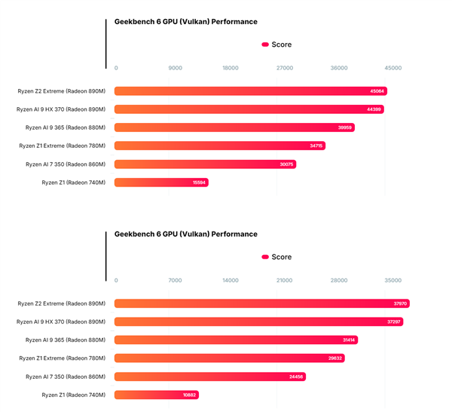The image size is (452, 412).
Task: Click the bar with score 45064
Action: click(x=251, y=91)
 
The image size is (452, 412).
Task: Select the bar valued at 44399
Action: click(x=249, y=109)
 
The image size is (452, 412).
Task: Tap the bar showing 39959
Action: click(x=234, y=128)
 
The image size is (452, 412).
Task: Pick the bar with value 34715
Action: click(x=220, y=146)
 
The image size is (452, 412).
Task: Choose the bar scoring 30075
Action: click(x=206, y=164)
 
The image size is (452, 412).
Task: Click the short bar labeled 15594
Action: click(x=161, y=182)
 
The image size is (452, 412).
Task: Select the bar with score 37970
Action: click(x=261, y=303)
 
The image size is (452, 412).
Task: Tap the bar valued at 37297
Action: click(x=259, y=321)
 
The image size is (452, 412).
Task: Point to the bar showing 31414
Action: click(x=236, y=340)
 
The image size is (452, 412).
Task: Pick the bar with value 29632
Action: click(x=229, y=358)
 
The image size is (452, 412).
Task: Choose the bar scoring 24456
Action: click(x=209, y=376)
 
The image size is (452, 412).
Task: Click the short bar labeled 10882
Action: click(x=157, y=394)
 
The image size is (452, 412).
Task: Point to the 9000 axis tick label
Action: click(x=175, y=68)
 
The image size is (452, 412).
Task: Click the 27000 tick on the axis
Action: click(x=285, y=68)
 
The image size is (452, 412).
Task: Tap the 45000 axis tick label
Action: click(x=392, y=68)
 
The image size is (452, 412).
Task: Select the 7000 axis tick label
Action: click(x=175, y=280)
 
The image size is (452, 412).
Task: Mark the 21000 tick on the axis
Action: click(x=285, y=280)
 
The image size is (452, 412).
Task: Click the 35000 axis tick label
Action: click(x=392, y=280)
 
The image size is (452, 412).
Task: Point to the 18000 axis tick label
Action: click(x=230, y=68)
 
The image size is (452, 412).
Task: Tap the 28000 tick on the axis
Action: click(x=339, y=280)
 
